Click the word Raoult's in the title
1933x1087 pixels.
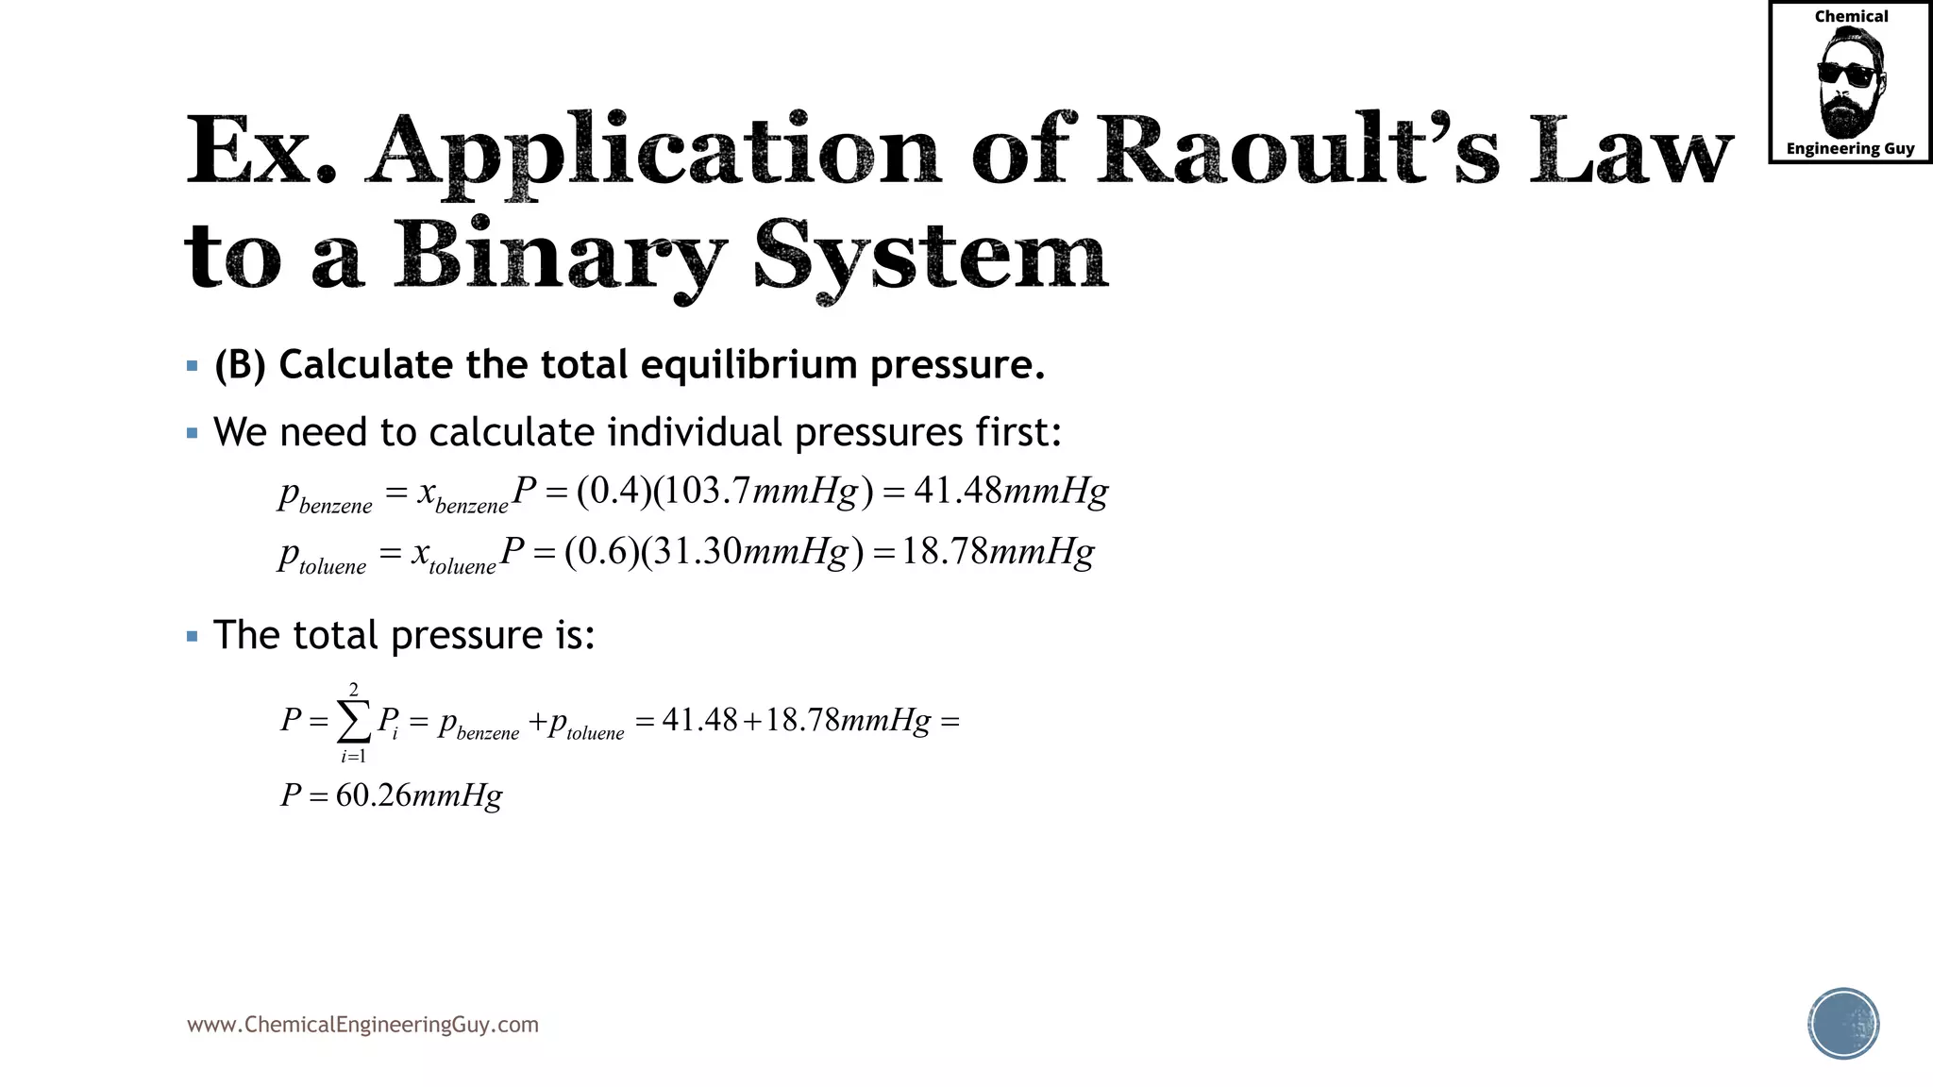coord(1297,150)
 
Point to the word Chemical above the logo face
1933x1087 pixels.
coord(1851,17)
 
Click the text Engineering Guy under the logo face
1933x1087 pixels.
coord(1850,148)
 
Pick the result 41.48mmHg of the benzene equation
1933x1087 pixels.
coord(1011,492)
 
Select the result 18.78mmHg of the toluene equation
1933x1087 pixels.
coord(998,552)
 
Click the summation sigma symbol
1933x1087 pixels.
coord(354,723)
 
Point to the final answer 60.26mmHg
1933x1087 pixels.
coord(418,795)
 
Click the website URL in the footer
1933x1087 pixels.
coord(362,1025)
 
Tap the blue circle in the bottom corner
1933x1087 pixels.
coord(1843,1024)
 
